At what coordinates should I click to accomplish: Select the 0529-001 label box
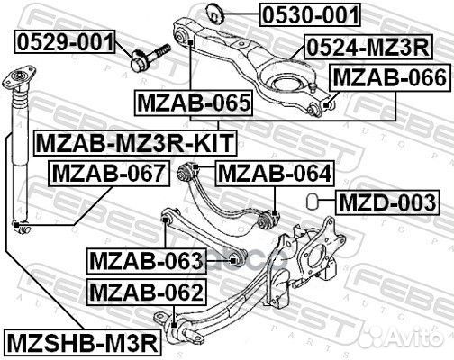pyautogui.click(x=64, y=41)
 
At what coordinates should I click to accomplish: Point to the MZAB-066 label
pyautogui.click(x=388, y=79)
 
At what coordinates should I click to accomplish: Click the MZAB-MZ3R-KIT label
pyautogui.click(x=133, y=141)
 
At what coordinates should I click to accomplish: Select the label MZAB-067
pyautogui.click(x=107, y=172)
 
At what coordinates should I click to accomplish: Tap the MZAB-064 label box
pyautogui.click(x=274, y=172)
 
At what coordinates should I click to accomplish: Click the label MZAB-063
pyautogui.click(x=146, y=261)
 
